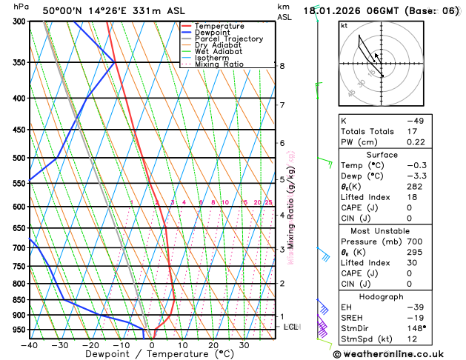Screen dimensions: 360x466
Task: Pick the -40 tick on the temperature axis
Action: (x=30, y=345)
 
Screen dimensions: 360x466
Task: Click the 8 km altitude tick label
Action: (x=282, y=66)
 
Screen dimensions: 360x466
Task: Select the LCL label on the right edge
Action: (x=291, y=327)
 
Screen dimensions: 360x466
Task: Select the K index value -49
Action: (x=416, y=120)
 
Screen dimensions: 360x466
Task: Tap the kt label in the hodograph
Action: (x=344, y=26)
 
